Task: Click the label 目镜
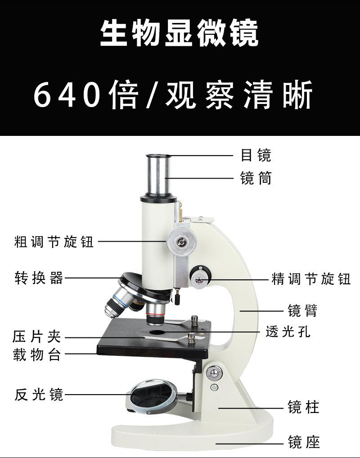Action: tap(256, 155)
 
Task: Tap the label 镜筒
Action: tap(256, 178)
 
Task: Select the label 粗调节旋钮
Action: tap(54, 242)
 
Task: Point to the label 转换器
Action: tap(39, 278)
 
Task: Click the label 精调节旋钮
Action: tap(311, 279)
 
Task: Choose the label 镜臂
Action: tap(303, 310)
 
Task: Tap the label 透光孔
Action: tap(288, 332)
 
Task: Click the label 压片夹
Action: tap(36, 337)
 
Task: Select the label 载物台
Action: tap(36, 355)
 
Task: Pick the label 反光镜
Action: tap(39, 394)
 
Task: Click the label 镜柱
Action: tap(303, 407)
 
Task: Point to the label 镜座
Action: tap(304, 442)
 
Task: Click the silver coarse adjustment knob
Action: tap(181, 242)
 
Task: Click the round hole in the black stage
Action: tap(157, 332)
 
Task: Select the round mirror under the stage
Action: tap(153, 396)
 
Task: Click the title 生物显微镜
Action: tap(180, 33)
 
